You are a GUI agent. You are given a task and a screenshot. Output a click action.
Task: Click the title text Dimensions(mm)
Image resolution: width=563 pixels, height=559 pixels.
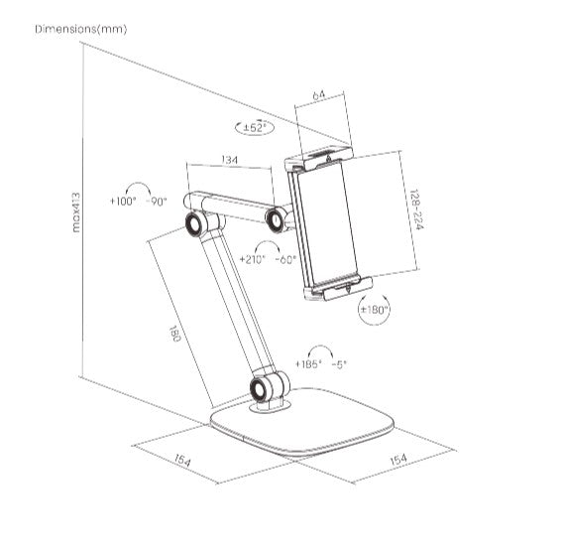(81, 29)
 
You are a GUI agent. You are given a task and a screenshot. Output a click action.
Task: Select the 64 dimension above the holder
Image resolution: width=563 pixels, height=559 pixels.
(319, 95)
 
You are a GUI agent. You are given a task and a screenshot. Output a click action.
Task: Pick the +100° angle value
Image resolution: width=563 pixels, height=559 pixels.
(123, 201)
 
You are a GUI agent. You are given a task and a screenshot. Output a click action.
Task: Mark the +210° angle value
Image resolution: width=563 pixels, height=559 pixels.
(254, 259)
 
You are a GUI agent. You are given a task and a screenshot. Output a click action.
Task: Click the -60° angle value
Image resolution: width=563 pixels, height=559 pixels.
(287, 259)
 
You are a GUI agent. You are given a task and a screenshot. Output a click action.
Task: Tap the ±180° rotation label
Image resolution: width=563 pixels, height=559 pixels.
(374, 310)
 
